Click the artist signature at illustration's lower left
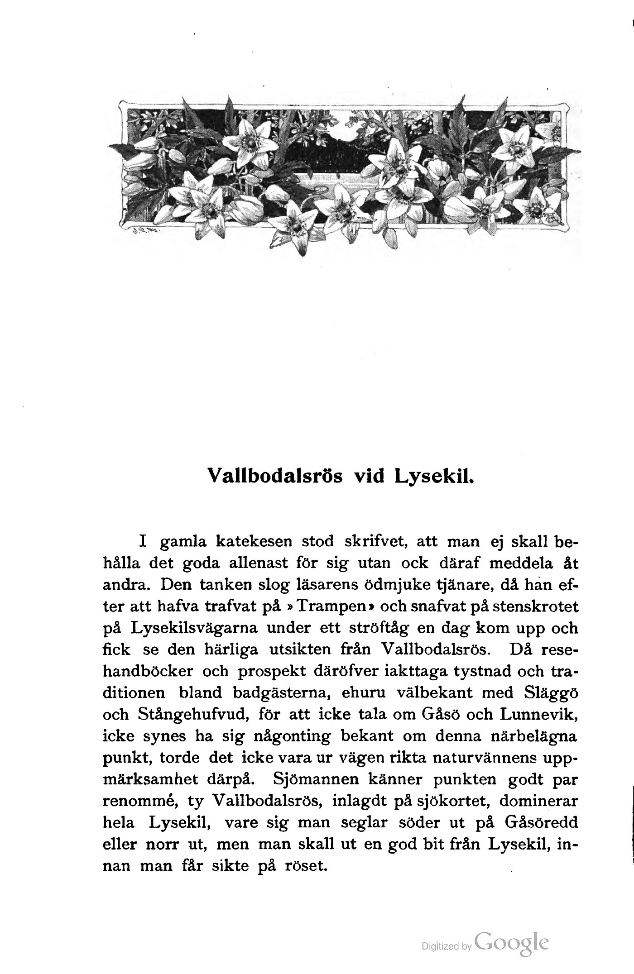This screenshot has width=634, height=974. click(148, 229)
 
